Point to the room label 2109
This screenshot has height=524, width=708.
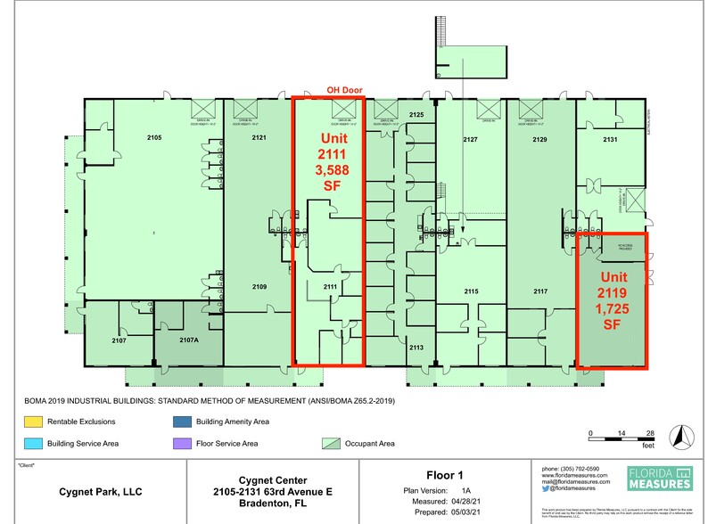259,286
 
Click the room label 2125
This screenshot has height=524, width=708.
416,115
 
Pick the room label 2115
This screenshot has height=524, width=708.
472,291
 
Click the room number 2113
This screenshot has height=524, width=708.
416,349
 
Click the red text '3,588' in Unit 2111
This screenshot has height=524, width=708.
329,170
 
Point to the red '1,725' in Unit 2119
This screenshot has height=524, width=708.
612,308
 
